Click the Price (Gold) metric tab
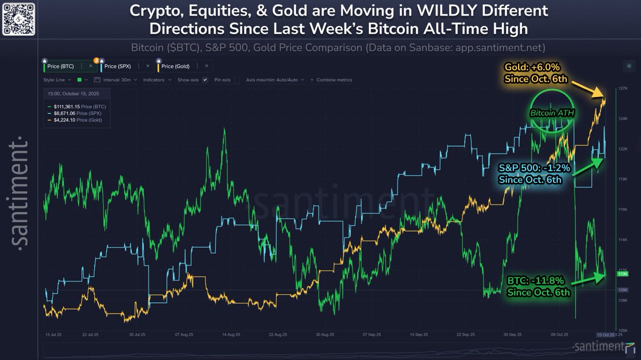click(175, 66)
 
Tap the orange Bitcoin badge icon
click(96, 60)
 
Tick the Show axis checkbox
click(205, 80)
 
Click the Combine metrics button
click(334, 80)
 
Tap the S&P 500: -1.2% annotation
click(535, 168)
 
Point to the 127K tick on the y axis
click(622, 88)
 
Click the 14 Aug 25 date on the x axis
click(230, 334)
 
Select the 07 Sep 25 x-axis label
click(371, 334)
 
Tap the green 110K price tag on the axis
click(622, 274)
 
